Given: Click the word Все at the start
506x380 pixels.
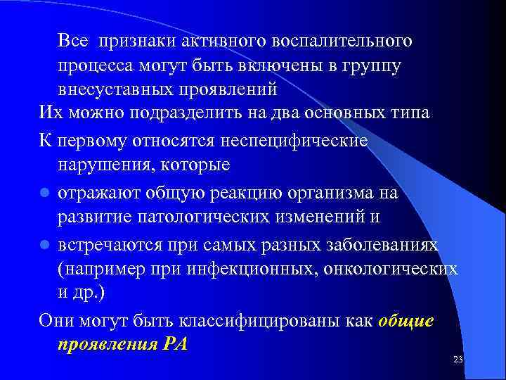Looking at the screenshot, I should pos(73,41).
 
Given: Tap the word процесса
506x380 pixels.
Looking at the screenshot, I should pos(96,65).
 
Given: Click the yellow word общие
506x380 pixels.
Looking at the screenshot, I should pos(406,320).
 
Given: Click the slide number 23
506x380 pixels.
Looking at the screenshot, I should pos(458,360).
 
